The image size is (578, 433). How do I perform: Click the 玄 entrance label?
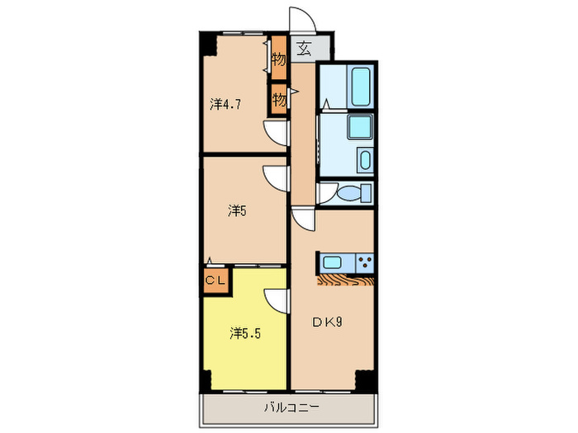[x=304, y=47]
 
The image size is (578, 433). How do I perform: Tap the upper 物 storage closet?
[x=279, y=59]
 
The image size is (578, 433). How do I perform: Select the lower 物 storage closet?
[x=279, y=100]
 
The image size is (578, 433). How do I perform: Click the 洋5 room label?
[x=237, y=210]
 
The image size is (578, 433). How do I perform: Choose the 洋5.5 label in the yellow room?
[x=245, y=333]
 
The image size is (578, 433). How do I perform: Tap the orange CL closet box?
[x=216, y=280]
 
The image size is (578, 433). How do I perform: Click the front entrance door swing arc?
[x=299, y=22]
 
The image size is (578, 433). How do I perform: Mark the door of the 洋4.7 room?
[x=275, y=132]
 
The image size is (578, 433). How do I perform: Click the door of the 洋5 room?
[x=275, y=177]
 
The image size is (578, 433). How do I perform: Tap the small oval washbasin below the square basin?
[x=364, y=159]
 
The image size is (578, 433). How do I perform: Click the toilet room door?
[x=328, y=194]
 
